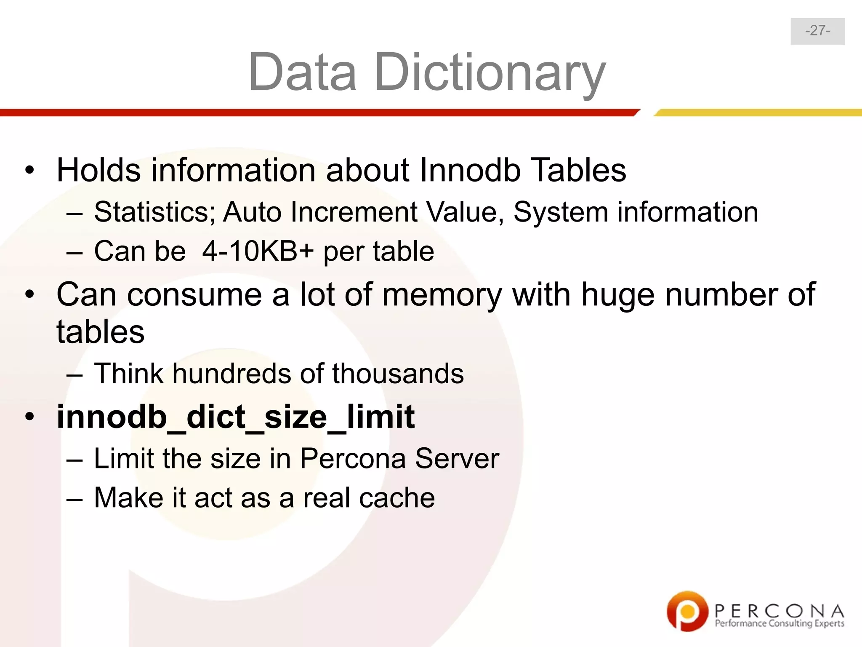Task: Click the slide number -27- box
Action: coord(817,31)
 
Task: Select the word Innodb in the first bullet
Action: coord(470,170)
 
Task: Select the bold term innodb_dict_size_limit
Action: coord(236,417)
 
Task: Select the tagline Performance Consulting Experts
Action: coord(780,623)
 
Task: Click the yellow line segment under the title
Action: coord(758,112)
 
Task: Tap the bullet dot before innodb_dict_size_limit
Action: coord(29,417)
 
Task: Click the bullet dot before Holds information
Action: coord(29,171)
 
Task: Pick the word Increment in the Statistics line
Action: coord(354,211)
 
